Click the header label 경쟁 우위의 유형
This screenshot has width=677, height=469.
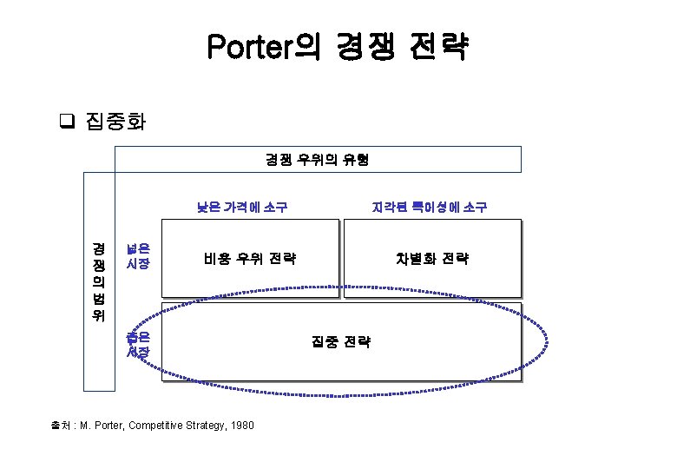(318, 160)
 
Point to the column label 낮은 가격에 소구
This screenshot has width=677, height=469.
(242, 207)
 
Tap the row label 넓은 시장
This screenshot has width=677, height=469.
(138, 255)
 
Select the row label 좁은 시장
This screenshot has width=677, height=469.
(138, 344)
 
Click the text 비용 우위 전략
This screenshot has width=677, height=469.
(250, 258)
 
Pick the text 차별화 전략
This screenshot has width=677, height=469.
(431, 258)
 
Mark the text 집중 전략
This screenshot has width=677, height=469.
(340, 341)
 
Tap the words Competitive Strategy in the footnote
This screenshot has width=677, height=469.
(177, 426)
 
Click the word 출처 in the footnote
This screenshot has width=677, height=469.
(62, 426)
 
